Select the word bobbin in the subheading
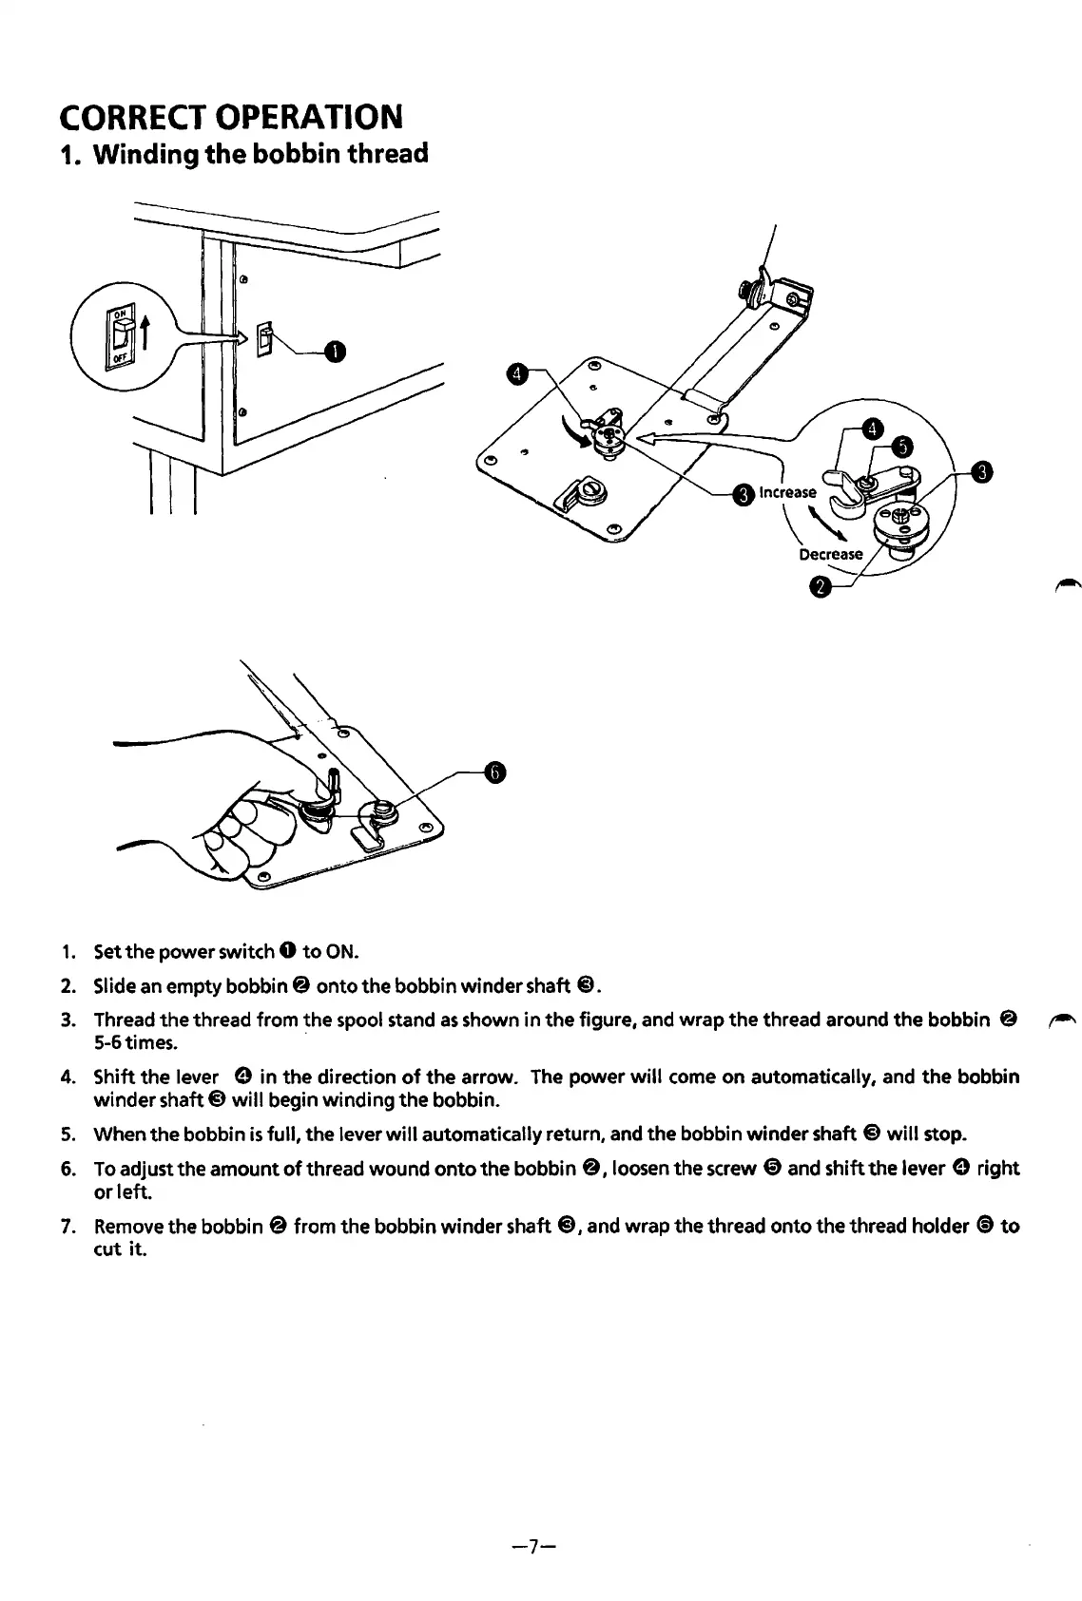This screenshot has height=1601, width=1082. click(x=298, y=153)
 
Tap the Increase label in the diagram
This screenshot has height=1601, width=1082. click(x=787, y=492)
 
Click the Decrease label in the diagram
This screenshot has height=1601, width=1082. click(x=830, y=554)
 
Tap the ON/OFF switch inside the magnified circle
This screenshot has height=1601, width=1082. click(x=121, y=334)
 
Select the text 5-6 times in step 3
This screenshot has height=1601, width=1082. click(x=134, y=1043)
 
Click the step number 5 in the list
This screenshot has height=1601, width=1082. click(x=68, y=1134)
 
